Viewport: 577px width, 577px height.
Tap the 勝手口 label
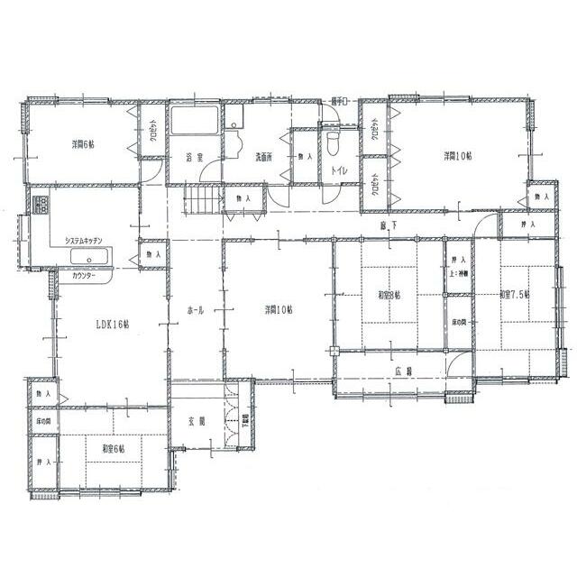339,100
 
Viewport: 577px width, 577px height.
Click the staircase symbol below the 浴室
203,201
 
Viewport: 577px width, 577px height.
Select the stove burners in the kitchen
39,206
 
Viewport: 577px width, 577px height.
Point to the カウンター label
86,275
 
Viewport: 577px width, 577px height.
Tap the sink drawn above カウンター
90,259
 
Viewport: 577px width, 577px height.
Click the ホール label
195,310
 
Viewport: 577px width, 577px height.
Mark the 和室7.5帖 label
516,295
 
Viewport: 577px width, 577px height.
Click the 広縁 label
403,371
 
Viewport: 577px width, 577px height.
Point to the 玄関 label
196,421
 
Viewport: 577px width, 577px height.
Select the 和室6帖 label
114,448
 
